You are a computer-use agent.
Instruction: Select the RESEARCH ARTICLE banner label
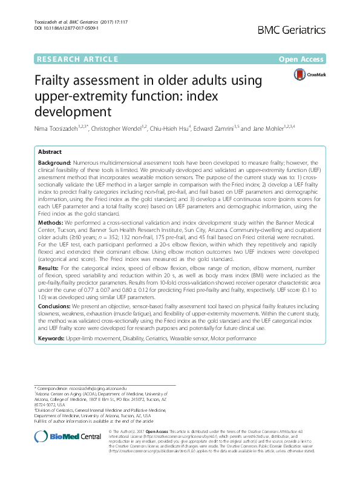(77, 59)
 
